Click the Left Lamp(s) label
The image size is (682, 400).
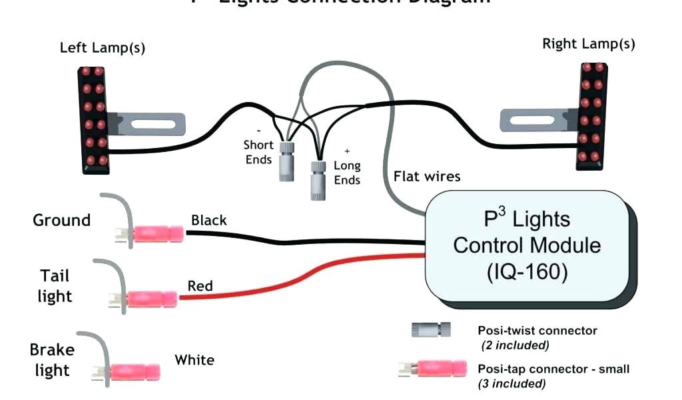[x=103, y=47]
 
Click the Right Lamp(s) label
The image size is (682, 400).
[x=588, y=44]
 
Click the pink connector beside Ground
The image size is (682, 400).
[x=158, y=234]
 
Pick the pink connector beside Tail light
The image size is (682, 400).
[x=153, y=299]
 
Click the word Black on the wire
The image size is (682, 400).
[x=209, y=220]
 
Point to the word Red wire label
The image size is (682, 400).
[x=200, y=286]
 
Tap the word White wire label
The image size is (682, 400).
[x=194, y=360]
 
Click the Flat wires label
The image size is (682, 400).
[x=427, y=177]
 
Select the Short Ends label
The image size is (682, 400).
[x=258, y=152]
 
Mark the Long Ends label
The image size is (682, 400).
[x=347, y=173]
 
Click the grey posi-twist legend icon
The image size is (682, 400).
[x=431, y=329]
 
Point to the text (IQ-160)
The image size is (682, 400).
[x=527, y=273]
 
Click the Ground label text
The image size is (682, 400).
[x=61, y=220]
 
